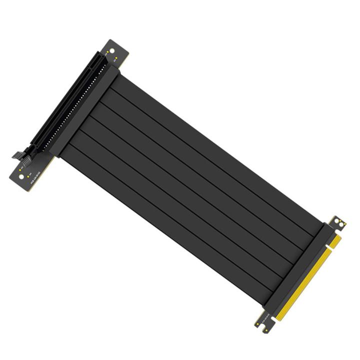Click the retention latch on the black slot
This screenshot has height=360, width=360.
coord(19,154)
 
